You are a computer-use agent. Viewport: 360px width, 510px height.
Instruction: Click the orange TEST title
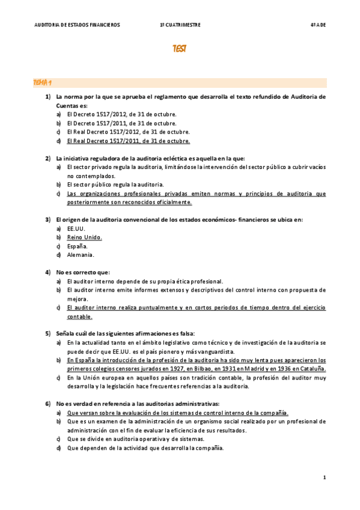[179, 49]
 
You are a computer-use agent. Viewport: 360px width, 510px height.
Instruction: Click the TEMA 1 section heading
[43, 82]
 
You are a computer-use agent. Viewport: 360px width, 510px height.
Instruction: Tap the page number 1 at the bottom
[324, 478]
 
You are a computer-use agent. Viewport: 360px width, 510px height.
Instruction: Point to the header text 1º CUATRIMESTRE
[180, 25]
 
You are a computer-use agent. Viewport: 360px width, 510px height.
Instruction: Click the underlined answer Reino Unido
[85, 238]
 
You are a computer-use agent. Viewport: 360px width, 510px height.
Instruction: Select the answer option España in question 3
[78, 246]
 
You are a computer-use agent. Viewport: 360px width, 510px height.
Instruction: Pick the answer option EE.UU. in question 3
[76, 229]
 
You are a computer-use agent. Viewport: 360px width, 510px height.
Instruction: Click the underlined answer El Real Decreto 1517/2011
[129, 141]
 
